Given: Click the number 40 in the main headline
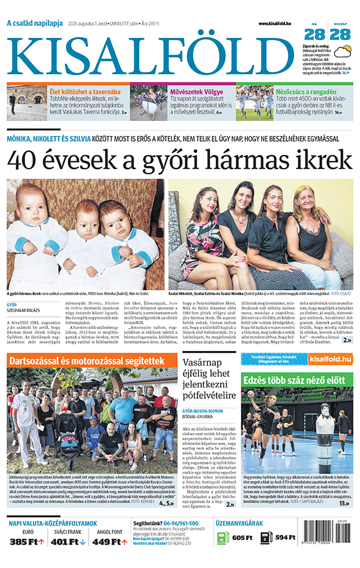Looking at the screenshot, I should (x=26, y=160).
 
